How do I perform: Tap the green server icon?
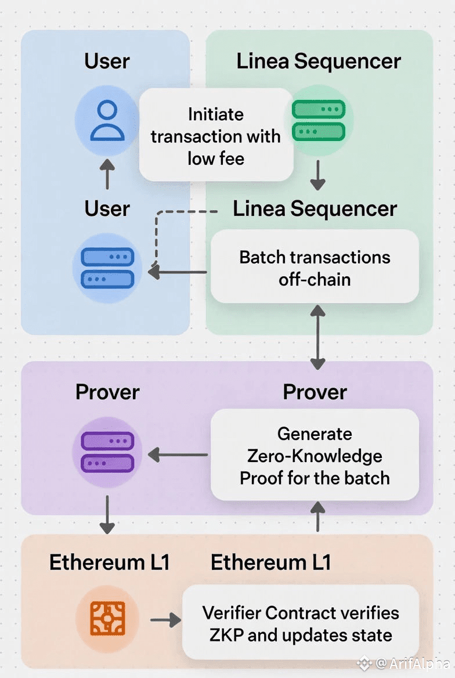(318, 121)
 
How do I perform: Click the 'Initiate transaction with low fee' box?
(215, 136)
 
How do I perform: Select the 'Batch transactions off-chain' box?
(315, 267)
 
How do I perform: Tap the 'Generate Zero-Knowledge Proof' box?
(315, 456)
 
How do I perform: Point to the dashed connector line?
(156, 232)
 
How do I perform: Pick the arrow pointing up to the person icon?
(107, 172)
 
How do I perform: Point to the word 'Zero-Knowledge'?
(315, 456)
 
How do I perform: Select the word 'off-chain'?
(315, 279)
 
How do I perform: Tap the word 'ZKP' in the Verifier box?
(226, 634)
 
